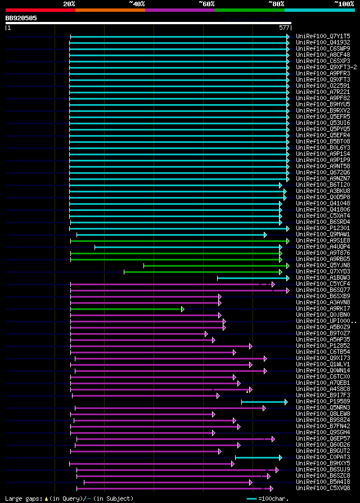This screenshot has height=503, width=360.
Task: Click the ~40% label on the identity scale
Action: coord(137,4)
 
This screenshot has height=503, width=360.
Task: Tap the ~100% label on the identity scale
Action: coord(344,4)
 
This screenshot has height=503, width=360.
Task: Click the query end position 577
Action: coord(284,27)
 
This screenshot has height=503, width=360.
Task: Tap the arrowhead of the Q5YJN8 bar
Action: coord(288,266)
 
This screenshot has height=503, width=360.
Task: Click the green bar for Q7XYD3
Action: coord(202,272)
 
